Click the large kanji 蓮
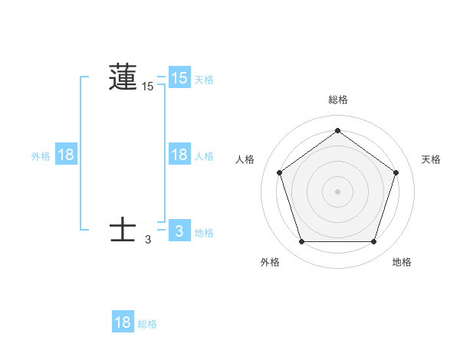point(123,77)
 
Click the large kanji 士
point(123,230)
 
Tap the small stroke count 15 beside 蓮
point(148,87)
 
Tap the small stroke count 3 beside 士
point(148,240)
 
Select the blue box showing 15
point(179,77)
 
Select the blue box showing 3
point(179,231)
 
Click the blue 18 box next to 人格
point(179,154)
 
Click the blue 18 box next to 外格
point(67,154)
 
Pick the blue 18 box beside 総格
point(123,322)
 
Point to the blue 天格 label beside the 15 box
point(204,79)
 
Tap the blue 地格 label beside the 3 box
point(204,232)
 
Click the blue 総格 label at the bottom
point(147,324)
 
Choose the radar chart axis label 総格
point(337,100)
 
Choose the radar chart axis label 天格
point(431,159)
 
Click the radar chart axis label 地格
point(402,262)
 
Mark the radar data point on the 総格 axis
point(337,130)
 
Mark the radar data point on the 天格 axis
point(396,172)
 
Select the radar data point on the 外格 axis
point(301,242)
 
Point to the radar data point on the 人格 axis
point(279,172)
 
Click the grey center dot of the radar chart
point(337,191)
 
